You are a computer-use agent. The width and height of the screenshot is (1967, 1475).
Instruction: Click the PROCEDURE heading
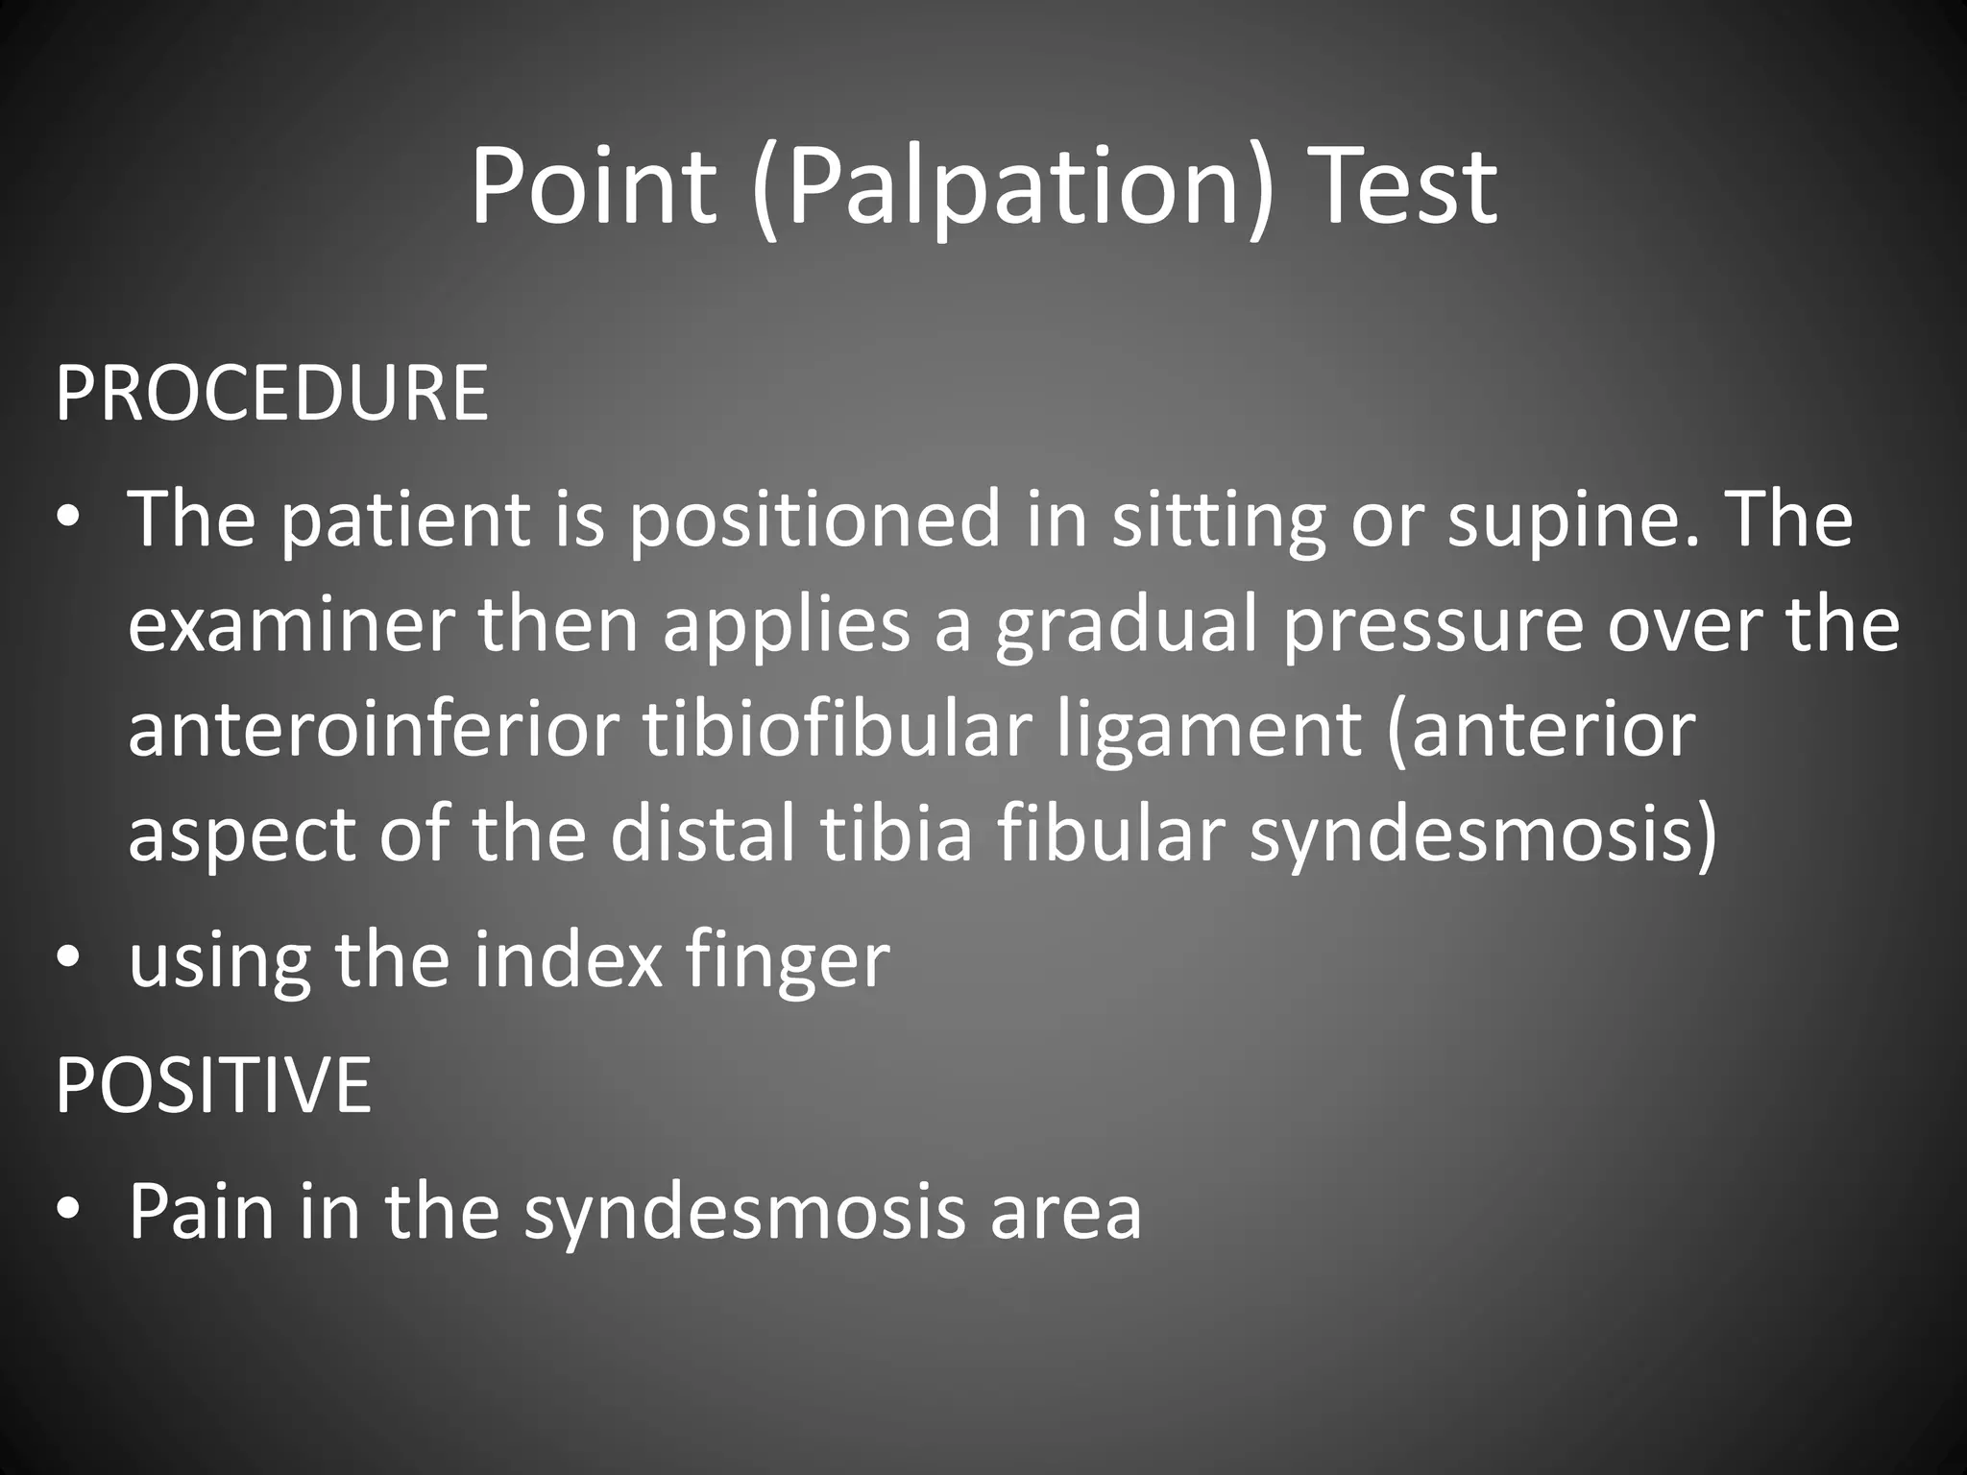pos(272,393)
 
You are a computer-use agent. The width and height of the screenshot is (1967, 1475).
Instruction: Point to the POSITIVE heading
pos(213,1084)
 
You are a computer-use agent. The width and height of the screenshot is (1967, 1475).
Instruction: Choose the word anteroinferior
pos(373,730)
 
